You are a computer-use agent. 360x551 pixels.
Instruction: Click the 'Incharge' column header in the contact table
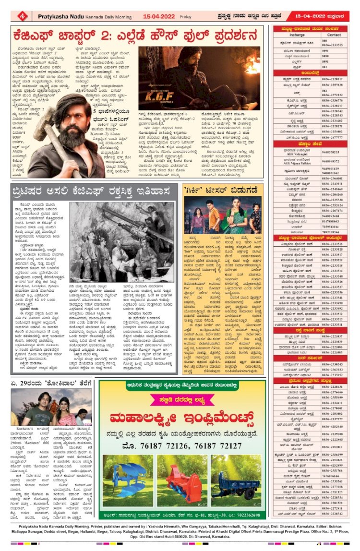[298, 35]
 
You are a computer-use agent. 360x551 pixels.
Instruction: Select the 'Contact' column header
[334, 35]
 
